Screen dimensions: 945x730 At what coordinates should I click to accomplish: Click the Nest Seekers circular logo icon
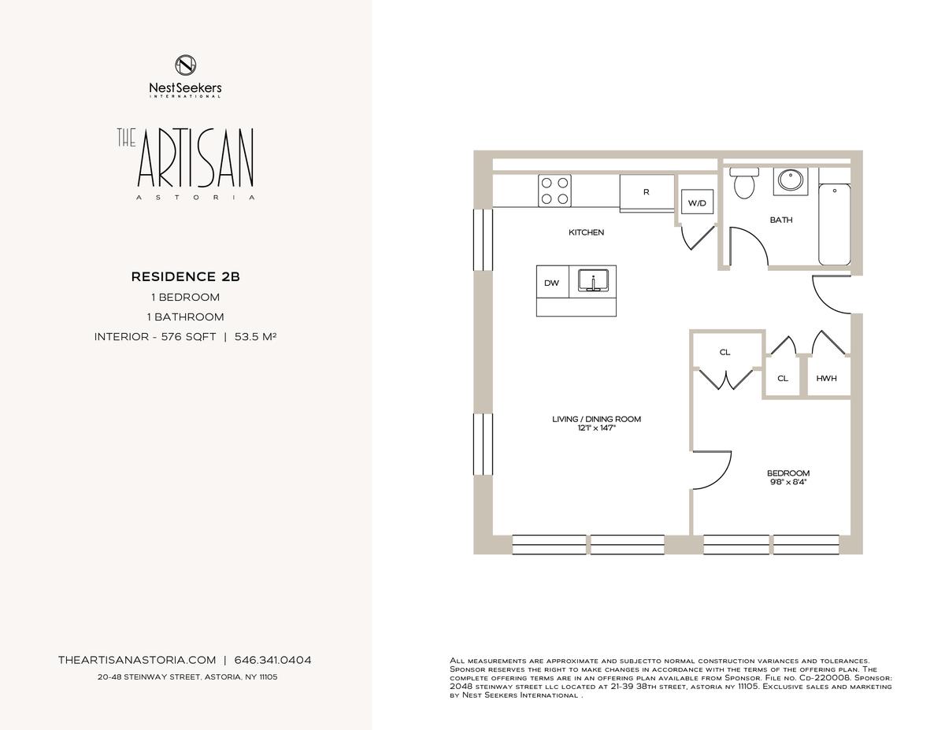[185, 65]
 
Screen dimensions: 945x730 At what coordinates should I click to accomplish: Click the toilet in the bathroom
[744, 183]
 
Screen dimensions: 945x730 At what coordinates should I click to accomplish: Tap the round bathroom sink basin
[791, 180]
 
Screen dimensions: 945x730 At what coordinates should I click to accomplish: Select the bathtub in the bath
[835, 224]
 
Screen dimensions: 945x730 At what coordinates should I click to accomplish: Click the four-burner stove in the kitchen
[554, 191]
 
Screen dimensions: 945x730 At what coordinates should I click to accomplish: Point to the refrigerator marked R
[647, 193]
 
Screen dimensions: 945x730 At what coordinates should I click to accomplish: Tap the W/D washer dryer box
[697, 202]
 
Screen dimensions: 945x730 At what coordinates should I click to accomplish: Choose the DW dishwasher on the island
[552, 282]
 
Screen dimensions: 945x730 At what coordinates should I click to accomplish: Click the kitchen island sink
[593, 280]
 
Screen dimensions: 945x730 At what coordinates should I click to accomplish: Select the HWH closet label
[826, 378]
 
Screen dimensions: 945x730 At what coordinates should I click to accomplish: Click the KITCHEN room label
[586, 232]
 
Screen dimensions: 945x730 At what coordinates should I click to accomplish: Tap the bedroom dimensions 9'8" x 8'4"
[788, 482]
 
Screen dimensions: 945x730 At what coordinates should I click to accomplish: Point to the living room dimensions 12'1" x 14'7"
[597, 428]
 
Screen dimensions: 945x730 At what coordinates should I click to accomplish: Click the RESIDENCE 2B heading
[186, 276]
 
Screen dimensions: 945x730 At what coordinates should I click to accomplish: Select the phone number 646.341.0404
[272, 660]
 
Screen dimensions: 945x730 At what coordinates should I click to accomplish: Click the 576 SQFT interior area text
[189, 336]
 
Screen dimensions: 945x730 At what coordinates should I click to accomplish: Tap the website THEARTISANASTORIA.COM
[137, 660]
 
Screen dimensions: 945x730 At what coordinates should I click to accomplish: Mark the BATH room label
[781, 220]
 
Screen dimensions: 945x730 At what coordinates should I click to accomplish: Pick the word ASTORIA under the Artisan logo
[195, 198]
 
